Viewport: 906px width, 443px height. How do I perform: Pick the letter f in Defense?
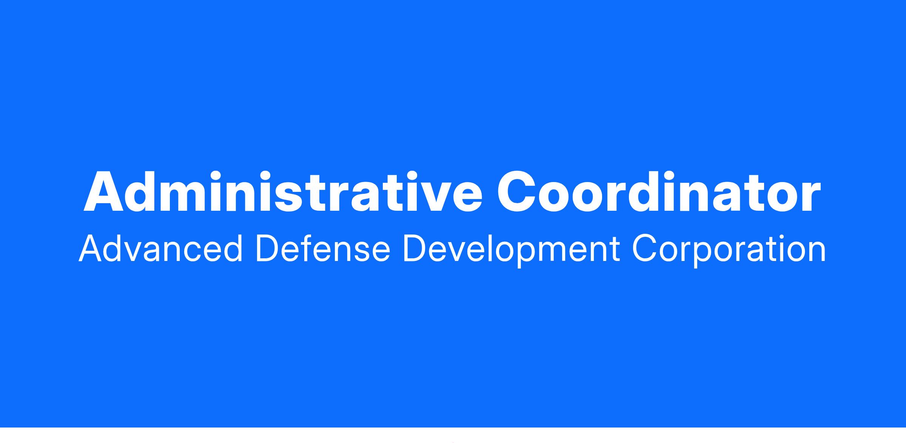click(313, 248)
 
